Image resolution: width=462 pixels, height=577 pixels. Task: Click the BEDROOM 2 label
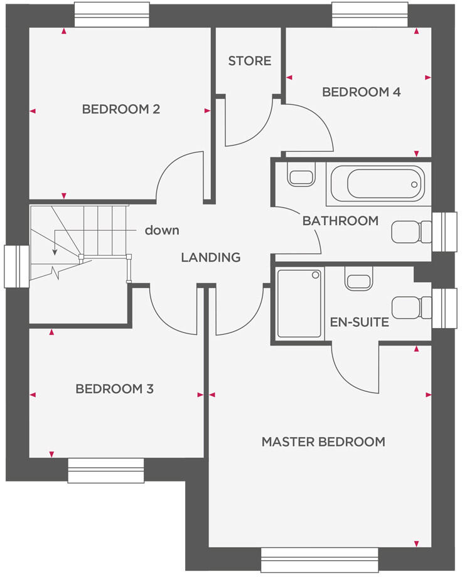(121, 109)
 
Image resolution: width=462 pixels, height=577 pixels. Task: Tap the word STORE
(250, 61)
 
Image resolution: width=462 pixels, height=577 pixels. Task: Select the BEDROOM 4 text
(361, 92)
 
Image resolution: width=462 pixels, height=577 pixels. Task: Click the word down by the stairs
(162, 230)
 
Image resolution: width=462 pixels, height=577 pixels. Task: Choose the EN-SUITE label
(359, 323)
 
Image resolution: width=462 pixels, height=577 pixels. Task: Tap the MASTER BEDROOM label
(323, 442)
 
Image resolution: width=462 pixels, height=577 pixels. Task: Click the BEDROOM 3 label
(114, 389)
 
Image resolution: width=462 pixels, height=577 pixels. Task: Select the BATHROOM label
(340, 221)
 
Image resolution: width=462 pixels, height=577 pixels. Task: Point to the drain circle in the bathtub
(414, 184)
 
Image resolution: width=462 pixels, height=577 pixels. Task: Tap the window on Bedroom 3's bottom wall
(105, 470)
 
